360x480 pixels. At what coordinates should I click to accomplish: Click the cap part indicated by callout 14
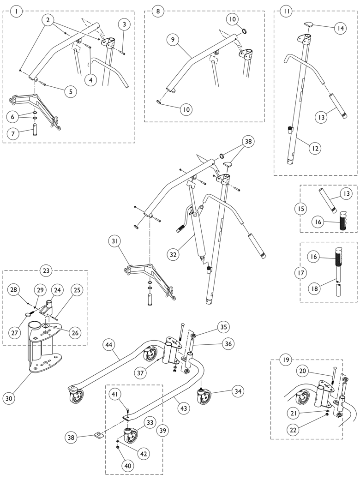click(x=309, y=25)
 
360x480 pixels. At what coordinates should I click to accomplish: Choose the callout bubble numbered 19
click(x=286, y=360)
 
